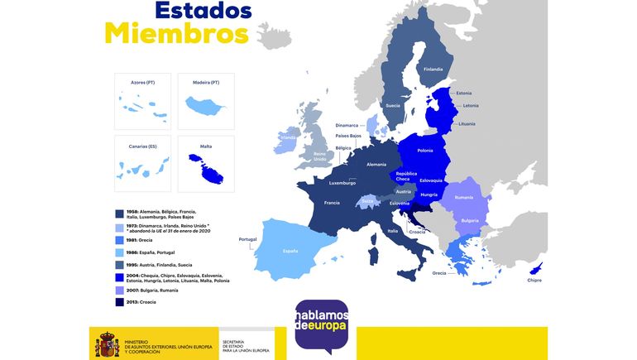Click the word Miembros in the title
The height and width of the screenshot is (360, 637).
point(176,35)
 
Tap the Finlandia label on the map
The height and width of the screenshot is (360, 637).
point(433,70)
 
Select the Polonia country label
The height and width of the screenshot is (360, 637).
point(425,151)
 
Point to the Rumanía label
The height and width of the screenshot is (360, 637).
point(463,197)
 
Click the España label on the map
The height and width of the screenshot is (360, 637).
point(290,251)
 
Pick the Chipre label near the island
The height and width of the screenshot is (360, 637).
point(534,281)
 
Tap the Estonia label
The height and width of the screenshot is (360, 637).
point(464,93)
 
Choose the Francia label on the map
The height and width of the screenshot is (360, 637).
point(332,203)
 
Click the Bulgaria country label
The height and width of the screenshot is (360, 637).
point(470,221)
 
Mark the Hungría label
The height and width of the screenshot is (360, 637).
point(429,194)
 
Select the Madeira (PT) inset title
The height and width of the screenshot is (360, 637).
point(205,83)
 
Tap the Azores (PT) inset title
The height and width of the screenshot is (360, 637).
point(142,83)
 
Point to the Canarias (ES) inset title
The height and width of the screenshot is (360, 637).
point(142,146)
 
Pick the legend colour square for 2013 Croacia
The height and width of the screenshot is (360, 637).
point(120,302)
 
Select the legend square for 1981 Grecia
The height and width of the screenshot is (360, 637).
point(120,240)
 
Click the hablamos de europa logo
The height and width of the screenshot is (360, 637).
point(322,324)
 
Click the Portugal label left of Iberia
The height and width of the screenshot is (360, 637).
point(247,240)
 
